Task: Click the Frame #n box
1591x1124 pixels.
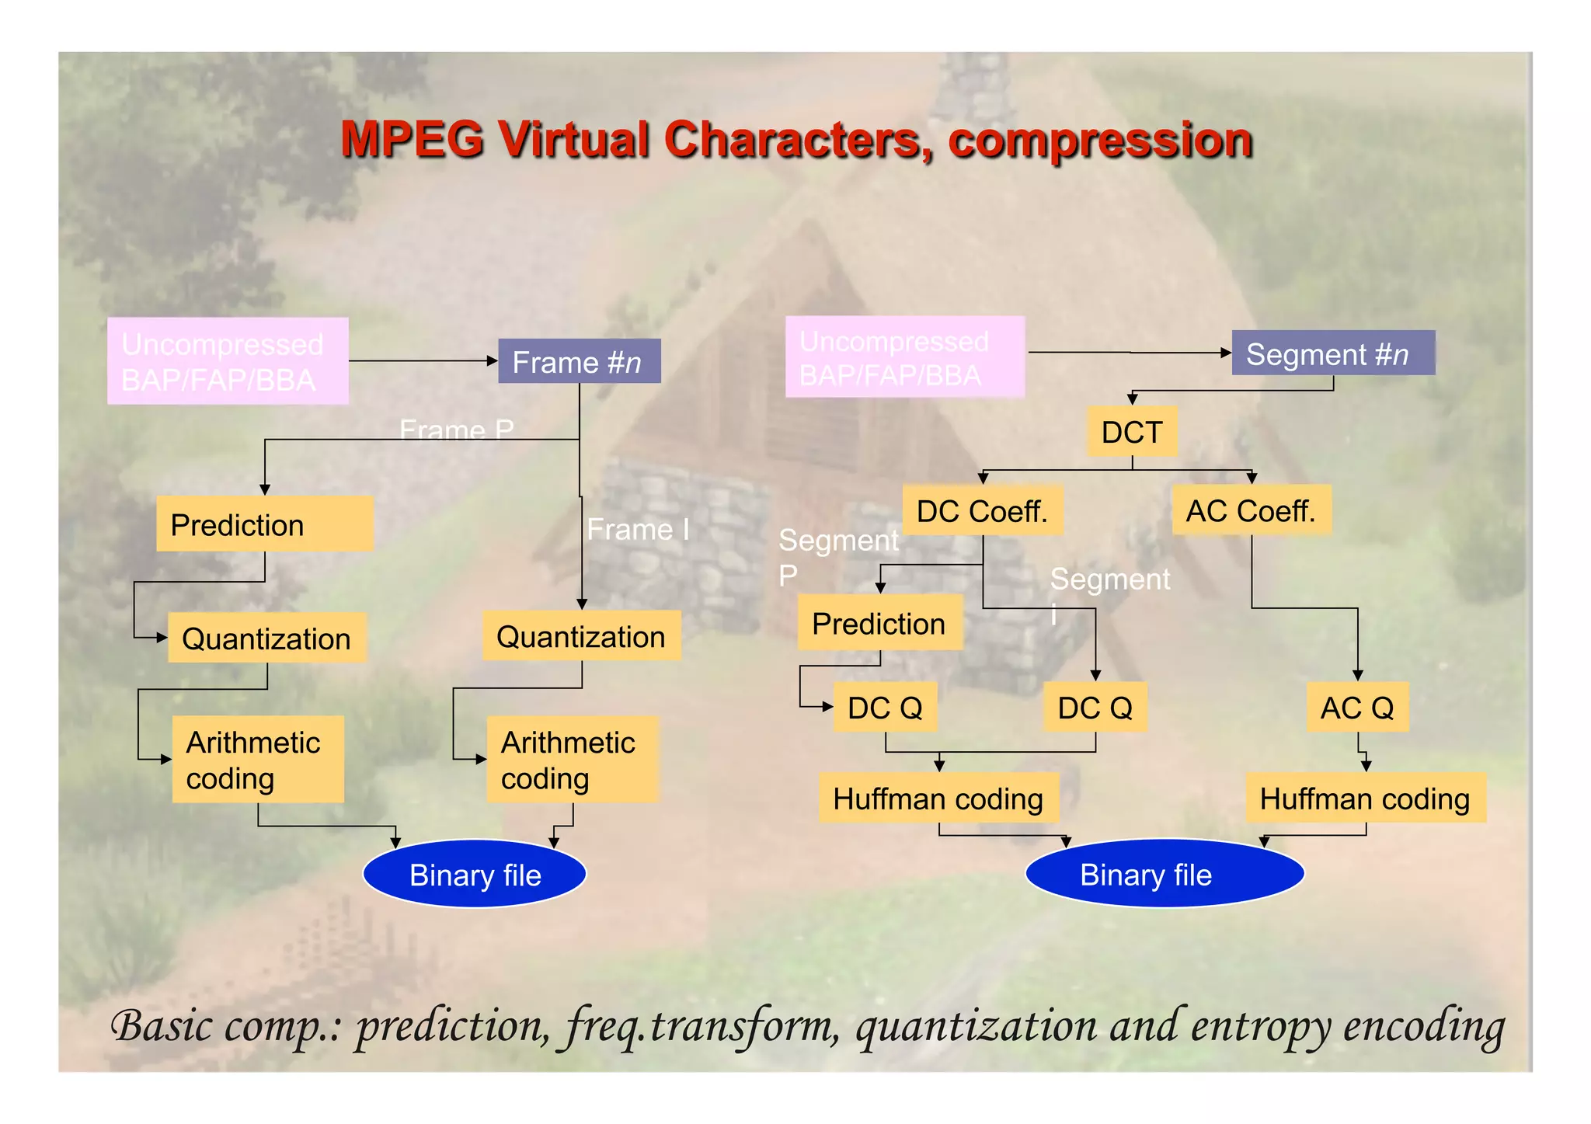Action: coord(579,361)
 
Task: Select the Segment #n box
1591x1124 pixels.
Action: coord(1333,353)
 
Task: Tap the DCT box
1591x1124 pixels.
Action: coord(1132,432)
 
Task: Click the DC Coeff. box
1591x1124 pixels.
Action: coord(982,511)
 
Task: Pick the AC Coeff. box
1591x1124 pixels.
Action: coord(1251,510)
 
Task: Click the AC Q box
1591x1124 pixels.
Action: coord(1357,708)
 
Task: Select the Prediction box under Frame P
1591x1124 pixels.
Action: coord(264,524)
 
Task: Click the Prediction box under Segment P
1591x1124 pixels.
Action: coord(879,623)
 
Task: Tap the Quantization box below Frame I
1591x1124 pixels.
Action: coord(581,636)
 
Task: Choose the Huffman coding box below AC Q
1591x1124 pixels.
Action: coord(1365,798)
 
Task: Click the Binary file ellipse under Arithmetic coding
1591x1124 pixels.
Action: coord(475,874)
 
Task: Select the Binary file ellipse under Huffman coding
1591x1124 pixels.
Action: coord(1164,874)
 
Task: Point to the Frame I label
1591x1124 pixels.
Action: coord(638,530)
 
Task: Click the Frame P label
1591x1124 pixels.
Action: coord(456,429)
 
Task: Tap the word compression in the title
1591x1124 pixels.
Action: coord(1100,141)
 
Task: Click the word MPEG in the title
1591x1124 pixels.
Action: coord(413,141)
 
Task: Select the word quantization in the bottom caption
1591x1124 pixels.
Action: coord(977,1027)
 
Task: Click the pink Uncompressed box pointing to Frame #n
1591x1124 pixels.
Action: coord(228,361)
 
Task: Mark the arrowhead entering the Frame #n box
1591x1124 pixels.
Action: coord(492,361)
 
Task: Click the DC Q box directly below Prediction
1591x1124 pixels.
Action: coord(885,708)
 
